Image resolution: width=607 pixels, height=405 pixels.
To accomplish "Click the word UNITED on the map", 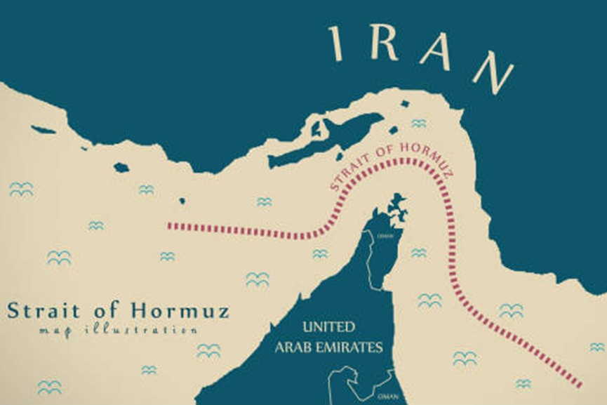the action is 328,327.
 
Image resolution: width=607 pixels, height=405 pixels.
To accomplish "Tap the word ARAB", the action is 294,347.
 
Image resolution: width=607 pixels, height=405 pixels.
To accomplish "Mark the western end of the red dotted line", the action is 170,226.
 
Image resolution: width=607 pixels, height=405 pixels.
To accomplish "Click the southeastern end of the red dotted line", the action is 580,385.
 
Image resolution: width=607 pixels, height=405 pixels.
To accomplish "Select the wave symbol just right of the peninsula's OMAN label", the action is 418,253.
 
